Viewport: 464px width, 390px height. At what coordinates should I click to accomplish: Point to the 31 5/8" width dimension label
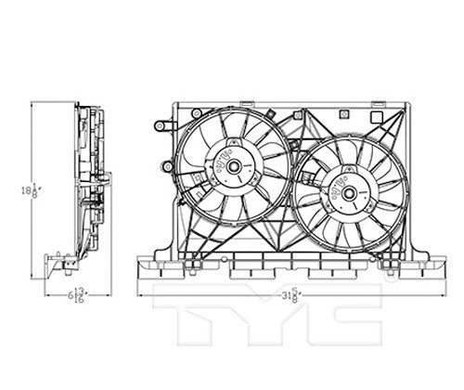(x=294, y=295)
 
